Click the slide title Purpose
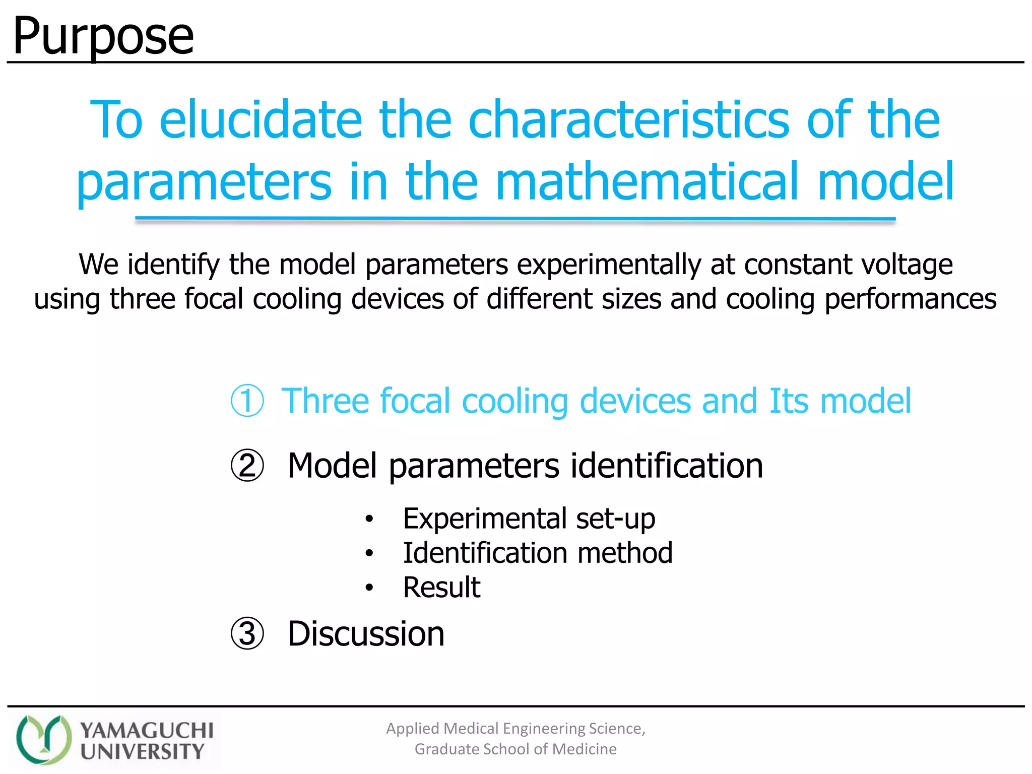[103, 36]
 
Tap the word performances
[911, 299]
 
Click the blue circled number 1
[247, 401]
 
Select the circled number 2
[247, 466]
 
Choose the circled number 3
[247, 634]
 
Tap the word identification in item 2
[666, 466]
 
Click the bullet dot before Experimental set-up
[369, 519]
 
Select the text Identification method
[537, 553]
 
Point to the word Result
[441, 587]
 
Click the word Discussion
[366, 634]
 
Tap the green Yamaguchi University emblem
[44, 739]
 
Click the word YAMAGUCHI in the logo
[147, 730]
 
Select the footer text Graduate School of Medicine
[515, 749]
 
